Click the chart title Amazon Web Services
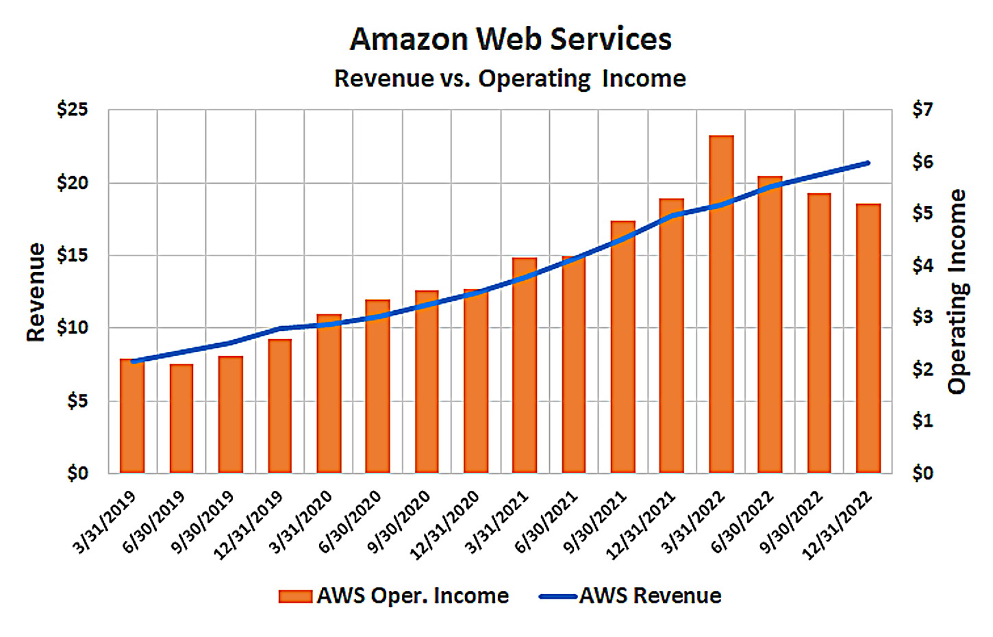[x=510, y=39]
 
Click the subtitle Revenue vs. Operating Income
[x=510, y=79]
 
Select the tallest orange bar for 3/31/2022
[x=721, y=305]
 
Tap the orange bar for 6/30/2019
[x=181, y=419]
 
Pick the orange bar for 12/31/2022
[x=868, y=339]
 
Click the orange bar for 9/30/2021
[x=623, y=347]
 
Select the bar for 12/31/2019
[x=279, y=406]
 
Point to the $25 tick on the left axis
[x=73, y=110]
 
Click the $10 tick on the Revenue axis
[x=73, y=327]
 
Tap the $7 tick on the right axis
[x=922, y=110]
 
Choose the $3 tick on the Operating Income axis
[x=922, y=317]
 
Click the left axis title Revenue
[x=36, y=292]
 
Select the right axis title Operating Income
[x=957, y=292]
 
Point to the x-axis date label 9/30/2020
[x=400, y=522]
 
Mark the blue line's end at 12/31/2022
[x=868, y=163]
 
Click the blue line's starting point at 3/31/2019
[x=132, y=362]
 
